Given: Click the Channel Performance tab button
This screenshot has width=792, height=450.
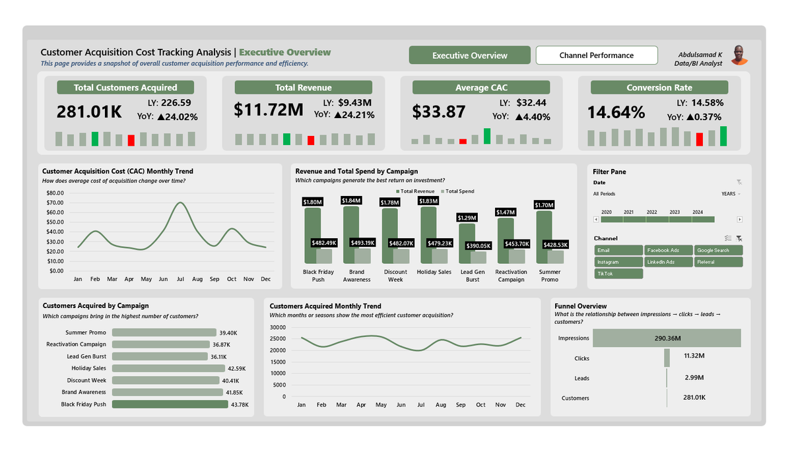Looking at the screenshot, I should (597, 55).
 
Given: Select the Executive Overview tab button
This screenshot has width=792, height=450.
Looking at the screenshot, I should (469, 55).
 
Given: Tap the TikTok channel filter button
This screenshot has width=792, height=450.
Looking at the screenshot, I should (618, 273).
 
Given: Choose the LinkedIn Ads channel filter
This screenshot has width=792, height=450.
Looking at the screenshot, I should (669, 262).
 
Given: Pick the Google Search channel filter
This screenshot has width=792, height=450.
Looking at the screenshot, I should (719, 250).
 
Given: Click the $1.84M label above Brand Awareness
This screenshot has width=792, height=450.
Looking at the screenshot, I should (351, 200).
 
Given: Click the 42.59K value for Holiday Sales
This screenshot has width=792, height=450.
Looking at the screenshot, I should (236, 368).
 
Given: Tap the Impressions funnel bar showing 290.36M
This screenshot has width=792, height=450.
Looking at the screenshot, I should (667, 338).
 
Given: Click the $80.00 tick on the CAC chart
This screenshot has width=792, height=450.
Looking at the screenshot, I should (55, 193).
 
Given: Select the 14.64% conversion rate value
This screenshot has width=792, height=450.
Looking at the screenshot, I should (616, 112).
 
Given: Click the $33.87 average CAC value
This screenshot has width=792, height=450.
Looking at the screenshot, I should (439, 112).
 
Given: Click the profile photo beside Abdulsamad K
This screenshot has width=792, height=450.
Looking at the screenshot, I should (739, 55).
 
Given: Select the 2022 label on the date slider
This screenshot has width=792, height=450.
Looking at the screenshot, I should (651, 212).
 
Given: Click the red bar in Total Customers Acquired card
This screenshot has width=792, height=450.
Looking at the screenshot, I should (131, 140).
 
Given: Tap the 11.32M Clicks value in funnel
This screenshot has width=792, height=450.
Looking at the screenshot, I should (694, 356).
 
